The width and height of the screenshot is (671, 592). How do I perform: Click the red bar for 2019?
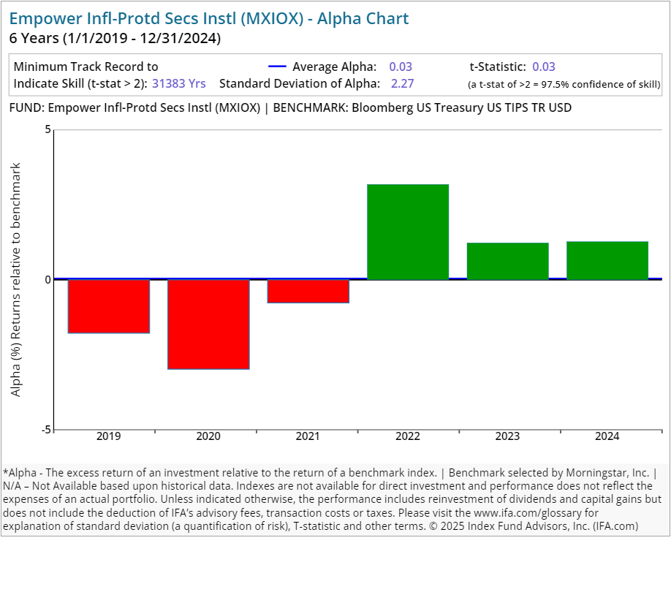109,306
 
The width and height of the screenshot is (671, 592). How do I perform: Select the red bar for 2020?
208,324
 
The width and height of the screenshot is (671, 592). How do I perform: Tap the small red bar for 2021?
308,291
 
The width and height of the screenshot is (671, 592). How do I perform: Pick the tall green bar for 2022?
408,232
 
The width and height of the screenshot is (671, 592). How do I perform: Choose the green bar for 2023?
507,261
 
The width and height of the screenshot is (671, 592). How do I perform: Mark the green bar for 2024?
607,260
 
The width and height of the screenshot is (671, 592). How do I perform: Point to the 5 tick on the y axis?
48,130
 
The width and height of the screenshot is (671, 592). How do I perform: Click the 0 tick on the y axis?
48,279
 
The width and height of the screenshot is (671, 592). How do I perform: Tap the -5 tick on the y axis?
46,430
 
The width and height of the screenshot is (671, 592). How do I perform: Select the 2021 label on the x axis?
308,436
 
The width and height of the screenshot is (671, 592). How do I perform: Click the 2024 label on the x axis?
607,436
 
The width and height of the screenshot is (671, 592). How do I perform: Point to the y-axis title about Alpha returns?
16,279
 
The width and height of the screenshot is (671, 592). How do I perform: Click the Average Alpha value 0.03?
401,67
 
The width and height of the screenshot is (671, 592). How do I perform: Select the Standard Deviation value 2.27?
402,83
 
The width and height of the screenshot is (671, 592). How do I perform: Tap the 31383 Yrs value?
179,83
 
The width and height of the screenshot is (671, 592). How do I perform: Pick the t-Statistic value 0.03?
544,67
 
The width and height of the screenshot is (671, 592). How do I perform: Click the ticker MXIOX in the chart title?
279,18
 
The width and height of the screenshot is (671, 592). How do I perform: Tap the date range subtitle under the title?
115,38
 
